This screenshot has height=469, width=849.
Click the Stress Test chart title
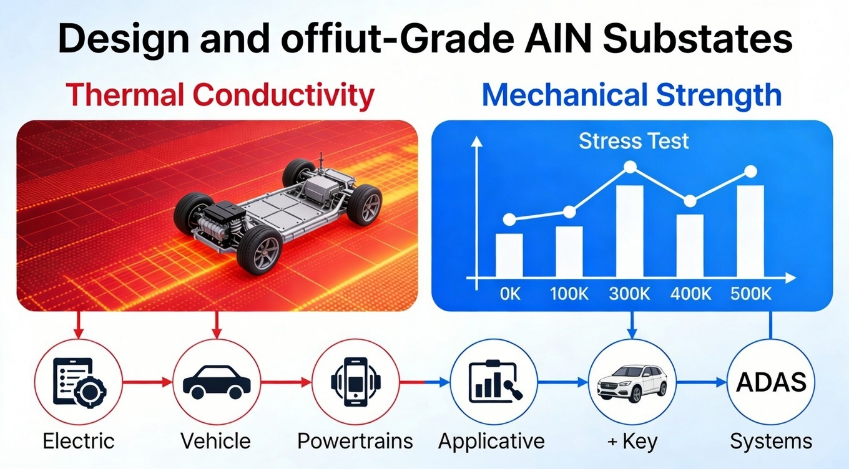(x=634, y=141)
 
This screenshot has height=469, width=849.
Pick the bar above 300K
(x=630, y=231)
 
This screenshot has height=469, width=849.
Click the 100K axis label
(x=569, y=294)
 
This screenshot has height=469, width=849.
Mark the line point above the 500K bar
(x=750, y=172)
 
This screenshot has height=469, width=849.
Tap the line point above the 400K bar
(x=690, y=201)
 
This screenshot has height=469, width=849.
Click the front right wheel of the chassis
(x=258, y=250)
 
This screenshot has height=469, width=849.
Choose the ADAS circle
(x=771, y=382)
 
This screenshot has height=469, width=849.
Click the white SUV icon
(x=632, y=382)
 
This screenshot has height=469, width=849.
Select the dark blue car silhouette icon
(x=215, y=382)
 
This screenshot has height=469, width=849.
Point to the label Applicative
(x=491, y=442)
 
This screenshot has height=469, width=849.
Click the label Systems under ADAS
(x=771, y=442)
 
